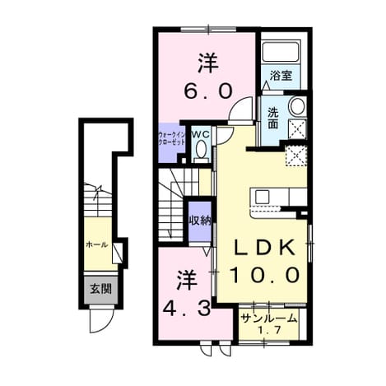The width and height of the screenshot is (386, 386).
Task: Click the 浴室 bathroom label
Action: point(281,75)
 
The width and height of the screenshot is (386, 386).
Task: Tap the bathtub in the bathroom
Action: point(281,51)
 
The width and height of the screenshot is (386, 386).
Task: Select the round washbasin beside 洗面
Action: point(297,106)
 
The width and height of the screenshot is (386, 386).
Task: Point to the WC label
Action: point(201,135)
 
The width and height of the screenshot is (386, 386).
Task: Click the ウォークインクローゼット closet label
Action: point(172,139)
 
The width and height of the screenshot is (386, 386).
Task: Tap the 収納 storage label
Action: point(200,221)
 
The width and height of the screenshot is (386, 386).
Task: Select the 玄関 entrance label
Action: point(100,289)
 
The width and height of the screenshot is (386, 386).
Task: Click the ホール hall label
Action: point(96,244)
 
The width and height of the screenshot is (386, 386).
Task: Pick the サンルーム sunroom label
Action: point(268,319)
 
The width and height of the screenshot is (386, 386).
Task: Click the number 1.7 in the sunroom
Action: point(268,330)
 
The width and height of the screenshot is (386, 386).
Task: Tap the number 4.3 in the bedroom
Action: point(187,308)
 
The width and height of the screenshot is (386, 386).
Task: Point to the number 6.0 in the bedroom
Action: point(208,91)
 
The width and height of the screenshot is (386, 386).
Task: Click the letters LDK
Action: point(264,248)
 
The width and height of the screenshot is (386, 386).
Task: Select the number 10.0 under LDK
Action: point(264,275)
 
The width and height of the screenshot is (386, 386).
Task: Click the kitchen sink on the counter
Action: point(263,197)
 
